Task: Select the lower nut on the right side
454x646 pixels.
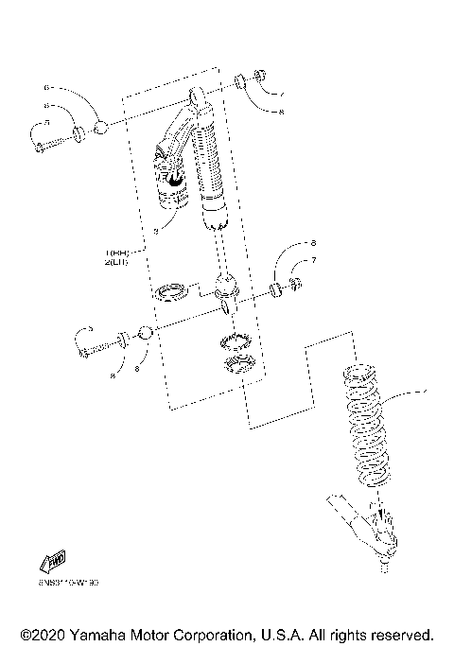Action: [294, 285]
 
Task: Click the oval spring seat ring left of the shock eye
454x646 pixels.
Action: [171, 290]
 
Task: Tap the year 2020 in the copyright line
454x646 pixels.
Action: [49, 634]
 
